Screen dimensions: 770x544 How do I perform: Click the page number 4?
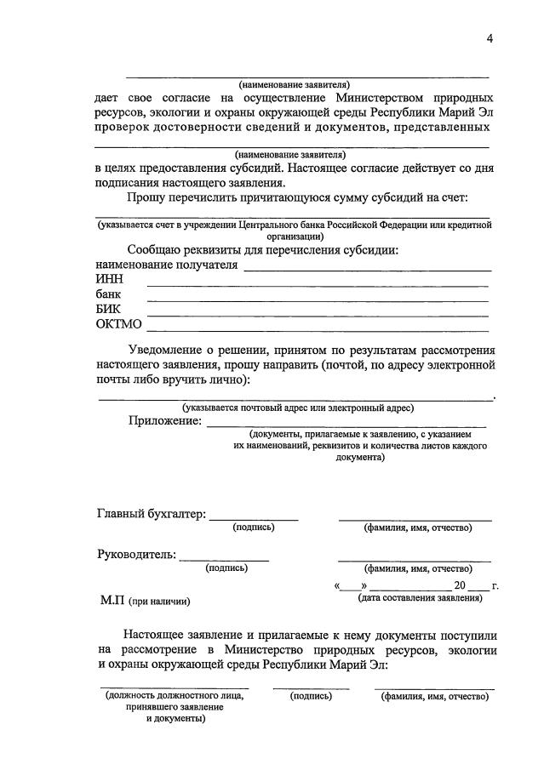pyautogui.click(x=490, y=37)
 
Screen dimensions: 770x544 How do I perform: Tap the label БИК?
pyautogui.click(x=109, y=309)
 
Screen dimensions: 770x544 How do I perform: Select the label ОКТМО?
pyautogui.click(x=120, y=324)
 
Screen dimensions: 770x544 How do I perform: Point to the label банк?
pyautogui.click(x=108, y=294)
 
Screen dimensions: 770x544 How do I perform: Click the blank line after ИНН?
pyautogui.click(x=318, y=285)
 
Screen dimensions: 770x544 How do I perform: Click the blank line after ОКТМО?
pyautogui.click(x=318, y=329)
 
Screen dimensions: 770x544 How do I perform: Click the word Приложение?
pyautogui.click(x=165, y=420)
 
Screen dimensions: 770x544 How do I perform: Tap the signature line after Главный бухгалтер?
pyautogui.click(x=254, y=518)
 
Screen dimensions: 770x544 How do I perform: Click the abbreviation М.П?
pyautogui.click(x=112, y=601)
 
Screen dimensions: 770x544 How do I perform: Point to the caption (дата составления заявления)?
pyautogui.click(x=420, y=598)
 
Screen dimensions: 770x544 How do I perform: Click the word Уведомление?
pyautogui.click(x=174, y=350)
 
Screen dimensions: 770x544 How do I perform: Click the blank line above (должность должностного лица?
pyautogui.click(x=174, y=686)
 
